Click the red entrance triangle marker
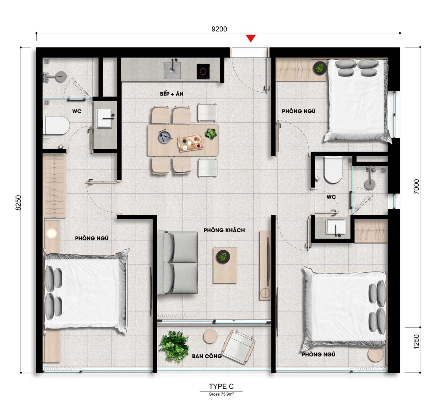[251, 38]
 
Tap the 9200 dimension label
[219, 29]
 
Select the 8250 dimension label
[18, 203]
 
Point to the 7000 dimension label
[417, 187]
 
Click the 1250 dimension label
[417, 342]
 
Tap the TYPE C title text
[221, 386]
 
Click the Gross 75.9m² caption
[221, 394]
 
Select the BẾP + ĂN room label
[172, 94]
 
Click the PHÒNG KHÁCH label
[224, 230]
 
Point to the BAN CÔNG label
[207, 356]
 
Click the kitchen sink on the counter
[172, 70]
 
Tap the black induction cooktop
[203, 71]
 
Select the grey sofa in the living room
[177, 263]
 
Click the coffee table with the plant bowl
[225, 265]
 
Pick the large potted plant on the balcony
[174, 347]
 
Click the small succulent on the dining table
[211, 134]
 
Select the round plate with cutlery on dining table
[165, 137]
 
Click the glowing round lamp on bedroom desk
[51, 233]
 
